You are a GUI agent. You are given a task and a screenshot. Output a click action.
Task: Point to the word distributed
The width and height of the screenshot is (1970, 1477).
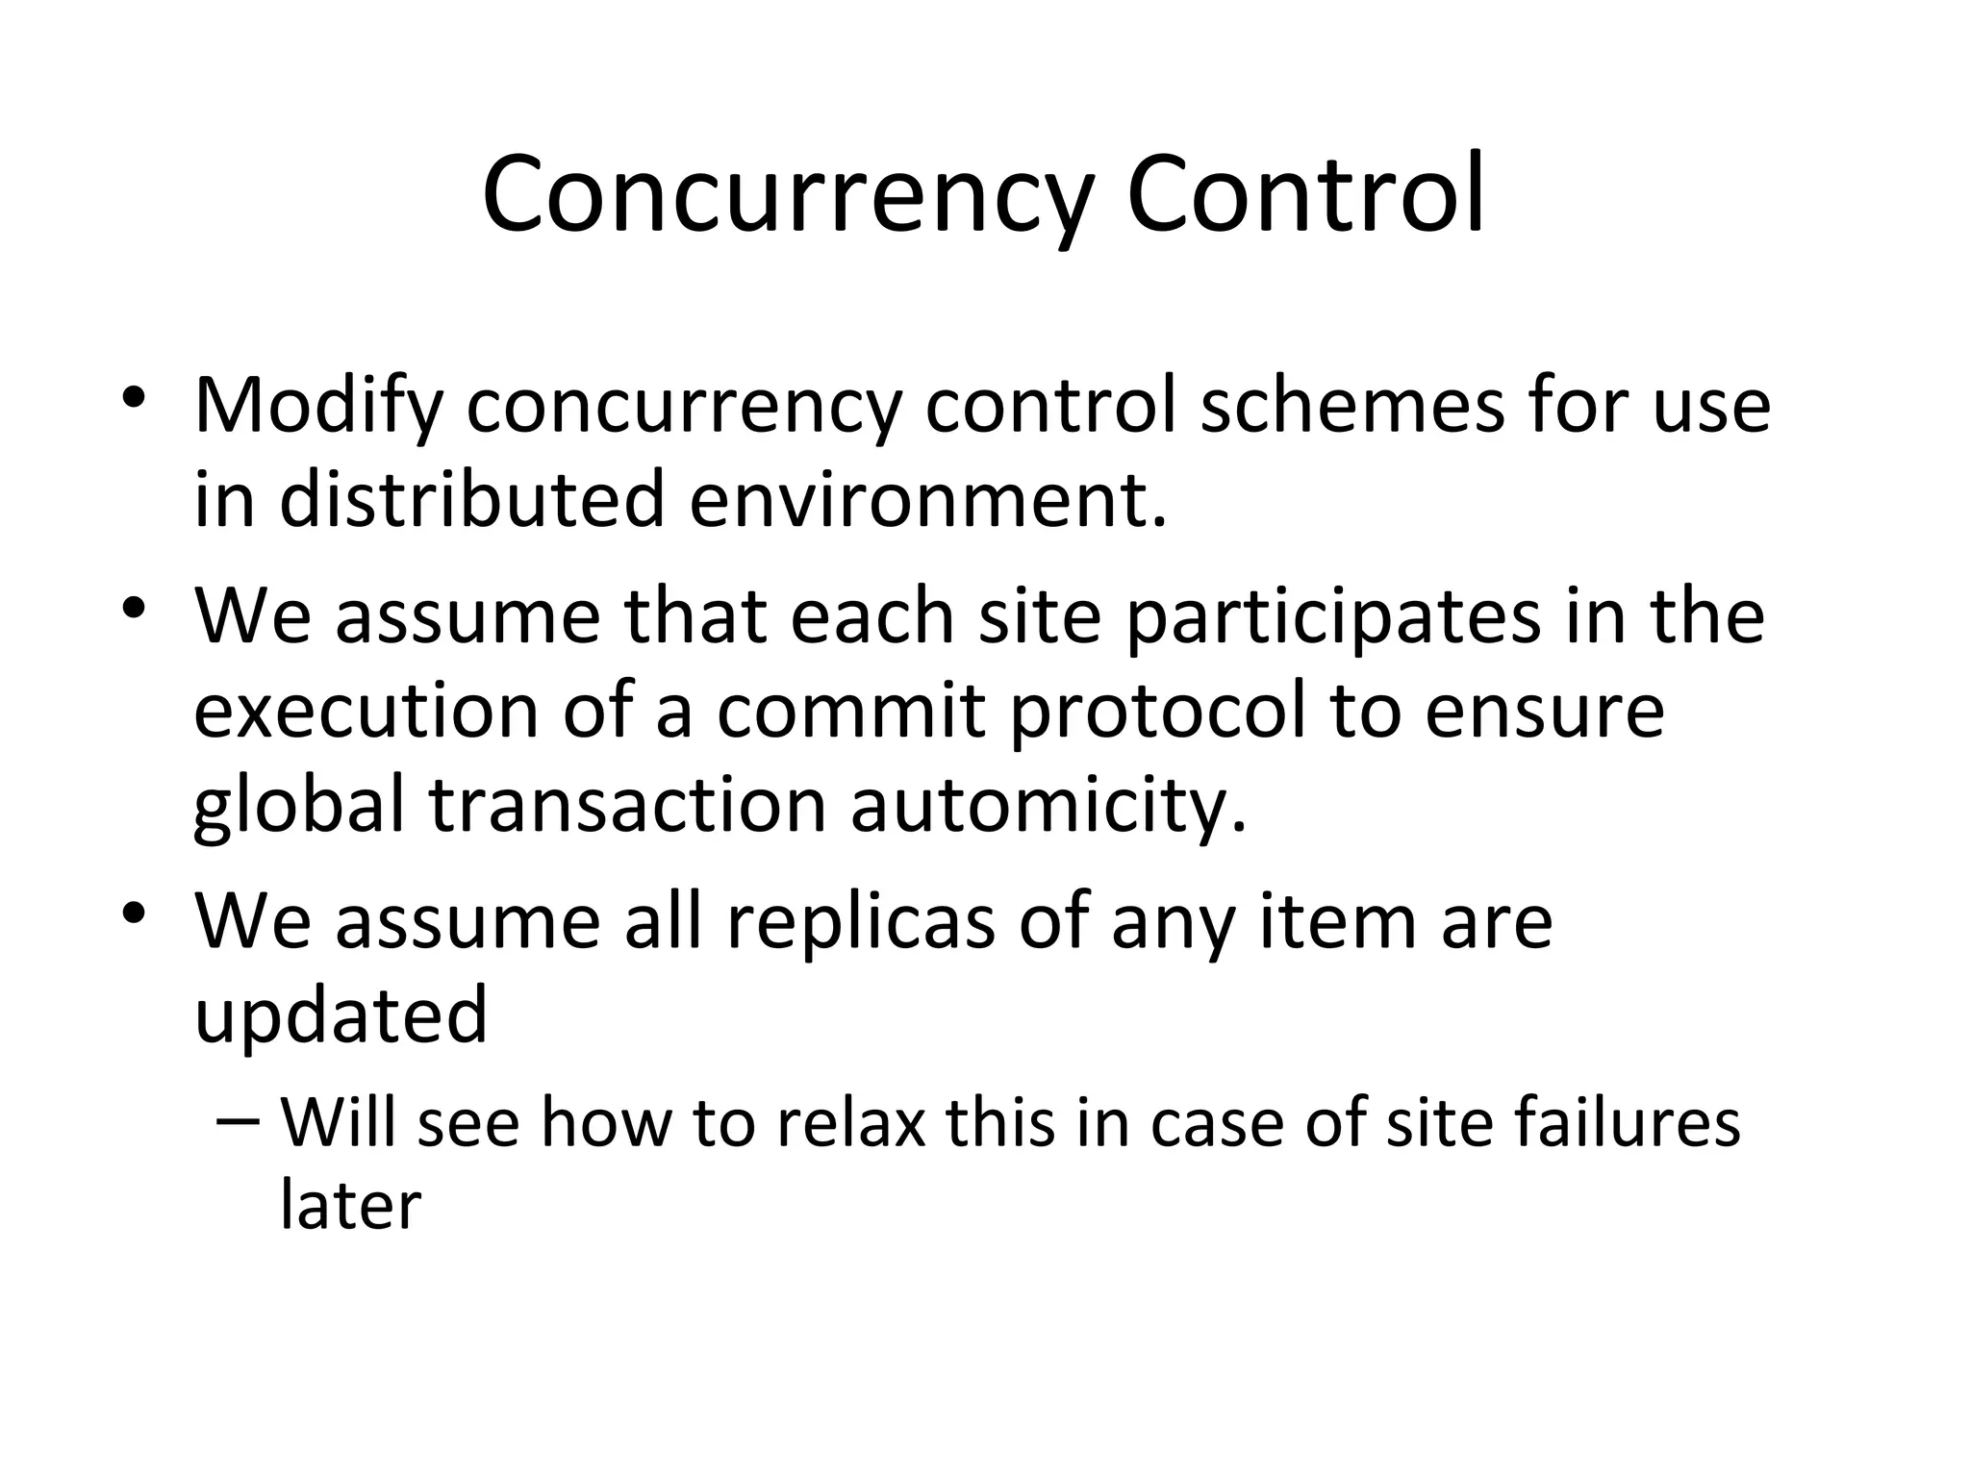coord(472,499)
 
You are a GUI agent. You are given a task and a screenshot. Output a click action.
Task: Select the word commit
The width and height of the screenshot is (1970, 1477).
coord(851,711)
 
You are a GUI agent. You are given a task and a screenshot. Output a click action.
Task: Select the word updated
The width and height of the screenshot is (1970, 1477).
coord(341,1017)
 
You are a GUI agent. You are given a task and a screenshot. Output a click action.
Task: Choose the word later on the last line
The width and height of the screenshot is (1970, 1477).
coord(350,1204)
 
